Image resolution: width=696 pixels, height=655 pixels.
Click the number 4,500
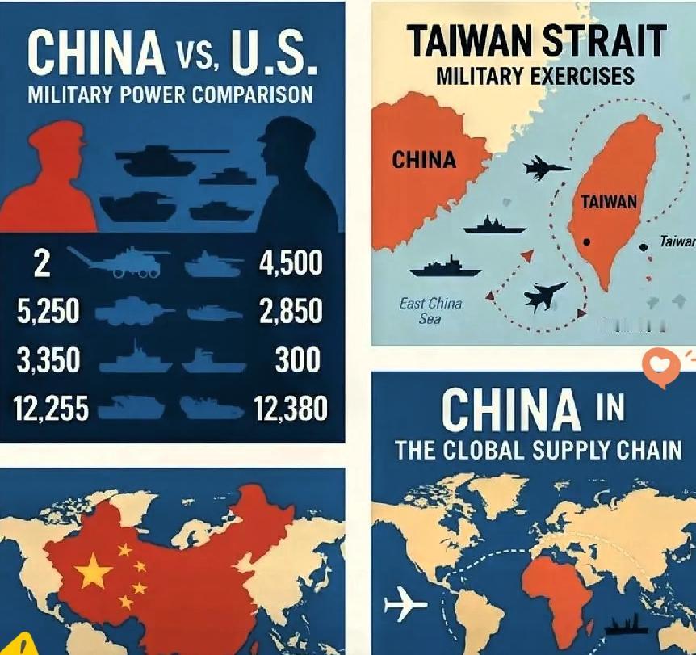291,263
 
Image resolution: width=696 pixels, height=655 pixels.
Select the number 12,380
291,409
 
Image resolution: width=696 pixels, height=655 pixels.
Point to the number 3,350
48,360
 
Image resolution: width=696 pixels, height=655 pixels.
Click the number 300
298,360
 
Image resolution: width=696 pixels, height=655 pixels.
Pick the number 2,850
291,312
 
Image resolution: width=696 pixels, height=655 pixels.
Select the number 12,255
50,409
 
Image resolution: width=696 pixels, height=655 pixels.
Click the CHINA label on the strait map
424,159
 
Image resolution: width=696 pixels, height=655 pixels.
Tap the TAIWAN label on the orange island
609,202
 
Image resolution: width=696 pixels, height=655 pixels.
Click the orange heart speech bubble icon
661,368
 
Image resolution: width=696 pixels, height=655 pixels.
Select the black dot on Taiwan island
587,241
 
